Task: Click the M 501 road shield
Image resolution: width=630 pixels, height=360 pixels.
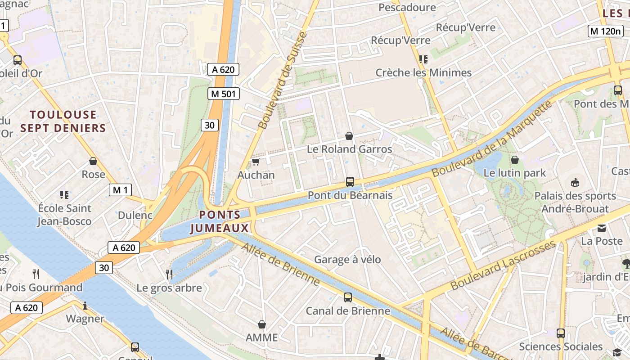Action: pyautogui.click(x=223, y=94)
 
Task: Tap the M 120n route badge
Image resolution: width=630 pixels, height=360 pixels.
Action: pyautogui.click(x=605, y=31)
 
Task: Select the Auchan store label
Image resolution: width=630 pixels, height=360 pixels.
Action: pyautogui.click(x=256, y=175)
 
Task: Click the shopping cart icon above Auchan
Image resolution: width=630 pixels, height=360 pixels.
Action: pyautogui.click(x=256, y=162)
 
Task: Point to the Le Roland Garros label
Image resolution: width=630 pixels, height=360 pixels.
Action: pyautogui.click(x=349, y=149)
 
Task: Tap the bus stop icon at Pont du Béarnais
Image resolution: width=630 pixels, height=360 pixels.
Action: pyautogui.click(x=350, y=182)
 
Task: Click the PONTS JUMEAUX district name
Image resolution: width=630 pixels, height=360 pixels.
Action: pyautogui.click(x=219, y=221)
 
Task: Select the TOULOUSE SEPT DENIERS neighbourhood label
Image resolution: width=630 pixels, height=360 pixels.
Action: pyautogui.click(x=63, y=121)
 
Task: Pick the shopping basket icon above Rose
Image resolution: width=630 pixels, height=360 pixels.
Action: pyautogui.click(x=93, y=161)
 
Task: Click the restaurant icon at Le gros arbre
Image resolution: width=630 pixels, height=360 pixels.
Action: pyautogui.click(x=169, y=274)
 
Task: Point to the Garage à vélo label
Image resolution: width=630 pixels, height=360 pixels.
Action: pyautogui.click(x=347, y=259)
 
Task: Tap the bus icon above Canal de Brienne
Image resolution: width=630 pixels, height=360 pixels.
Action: pyautogui.click(x=348, y=297)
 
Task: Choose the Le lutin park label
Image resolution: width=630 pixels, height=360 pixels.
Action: pyautogui.click(x=514, y=173)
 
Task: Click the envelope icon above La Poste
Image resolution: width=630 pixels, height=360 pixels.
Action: pyautogui.click(x=602, y=228)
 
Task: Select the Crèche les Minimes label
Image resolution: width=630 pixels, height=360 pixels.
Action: pyautogui.click(x=423, y=72)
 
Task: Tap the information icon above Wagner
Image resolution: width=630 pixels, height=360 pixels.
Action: pyautogui.click(x=85, y=306)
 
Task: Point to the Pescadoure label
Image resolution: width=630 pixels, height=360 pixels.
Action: pyautogui.click(x=407, y=7)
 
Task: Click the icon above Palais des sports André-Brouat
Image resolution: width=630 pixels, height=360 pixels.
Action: pyautogui.click(x=575, y=182)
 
